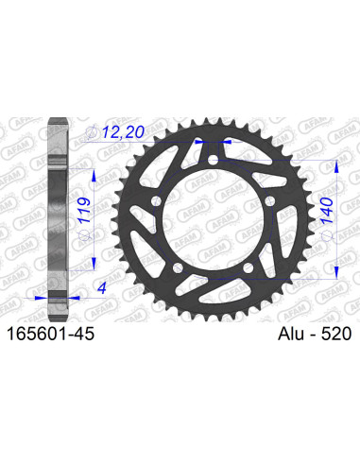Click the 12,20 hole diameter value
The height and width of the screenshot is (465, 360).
(x=123, y=134)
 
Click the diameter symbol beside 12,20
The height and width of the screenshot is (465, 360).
(x=93, y=133)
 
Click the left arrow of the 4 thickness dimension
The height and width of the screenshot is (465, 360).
(x=43, y=296)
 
